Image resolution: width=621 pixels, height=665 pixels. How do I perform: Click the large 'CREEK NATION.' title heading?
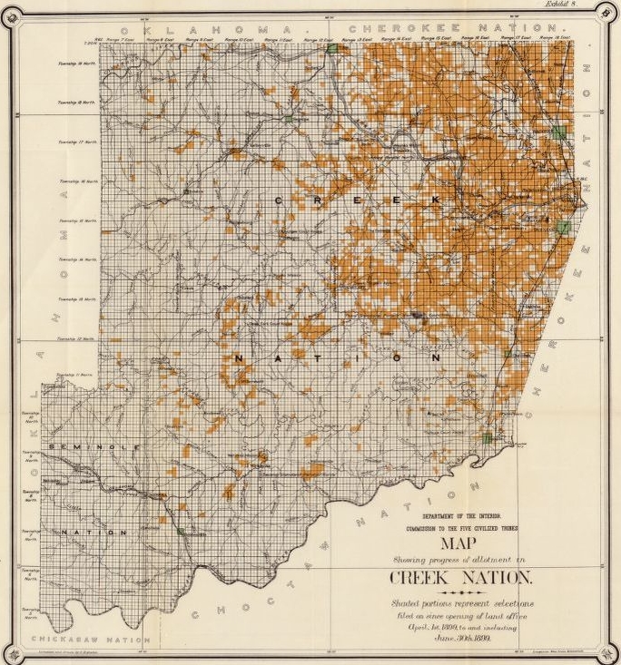(x=462, y=578)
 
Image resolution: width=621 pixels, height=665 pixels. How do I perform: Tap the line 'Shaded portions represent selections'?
(x=463, y=603)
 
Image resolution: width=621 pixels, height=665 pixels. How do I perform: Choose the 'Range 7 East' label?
(x=119, y=40)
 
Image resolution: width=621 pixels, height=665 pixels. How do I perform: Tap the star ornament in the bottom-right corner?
(x=609, y=653)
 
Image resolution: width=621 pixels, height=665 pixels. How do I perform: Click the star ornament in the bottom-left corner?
(x=10, y=653)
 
